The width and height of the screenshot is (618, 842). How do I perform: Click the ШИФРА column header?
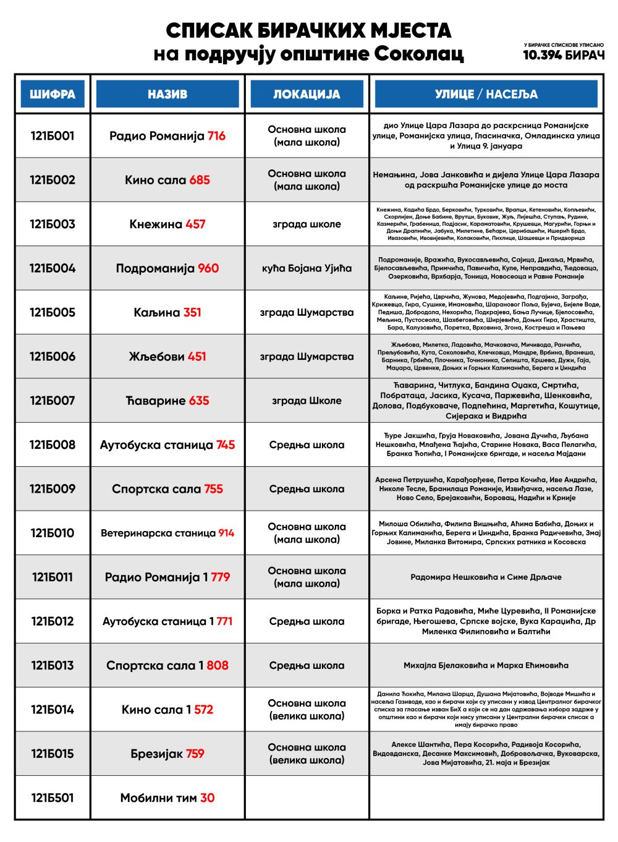(x=53, y=94)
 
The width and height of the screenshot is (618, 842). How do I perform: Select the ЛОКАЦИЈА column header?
(x=307, y=94)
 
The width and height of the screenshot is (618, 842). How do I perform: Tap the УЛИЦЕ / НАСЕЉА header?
(x=486, y=94)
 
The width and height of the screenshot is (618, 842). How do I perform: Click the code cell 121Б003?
(x=53, y=224)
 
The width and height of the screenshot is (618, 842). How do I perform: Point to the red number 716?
(x=216, y=136)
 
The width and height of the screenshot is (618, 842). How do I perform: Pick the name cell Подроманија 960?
(x=167, y=268)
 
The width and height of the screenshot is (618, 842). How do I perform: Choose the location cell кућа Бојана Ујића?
(x=307, y=268)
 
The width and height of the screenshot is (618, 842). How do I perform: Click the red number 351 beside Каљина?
(x=192, y=312)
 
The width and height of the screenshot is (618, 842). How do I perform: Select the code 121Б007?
(x=53, y=401)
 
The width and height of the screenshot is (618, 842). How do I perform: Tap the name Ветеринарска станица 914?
(x=167, y=533)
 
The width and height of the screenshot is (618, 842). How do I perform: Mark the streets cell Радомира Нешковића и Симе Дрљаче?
(x=486, y=577)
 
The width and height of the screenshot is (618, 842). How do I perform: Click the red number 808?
(x=218, y=665)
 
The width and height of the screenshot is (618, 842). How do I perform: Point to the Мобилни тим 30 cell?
(x=167, y=797)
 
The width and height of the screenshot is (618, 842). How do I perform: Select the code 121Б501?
(x=53, y=797)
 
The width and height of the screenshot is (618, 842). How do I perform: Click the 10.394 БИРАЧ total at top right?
(x=564, y=55)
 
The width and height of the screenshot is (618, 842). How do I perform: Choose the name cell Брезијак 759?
(x=167, y=754)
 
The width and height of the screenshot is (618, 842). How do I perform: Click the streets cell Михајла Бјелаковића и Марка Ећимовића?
(x=486, y=665)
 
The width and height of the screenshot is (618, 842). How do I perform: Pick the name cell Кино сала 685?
(x=167, y=180)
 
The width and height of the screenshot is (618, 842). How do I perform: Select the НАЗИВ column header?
(x=167, y=94)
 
